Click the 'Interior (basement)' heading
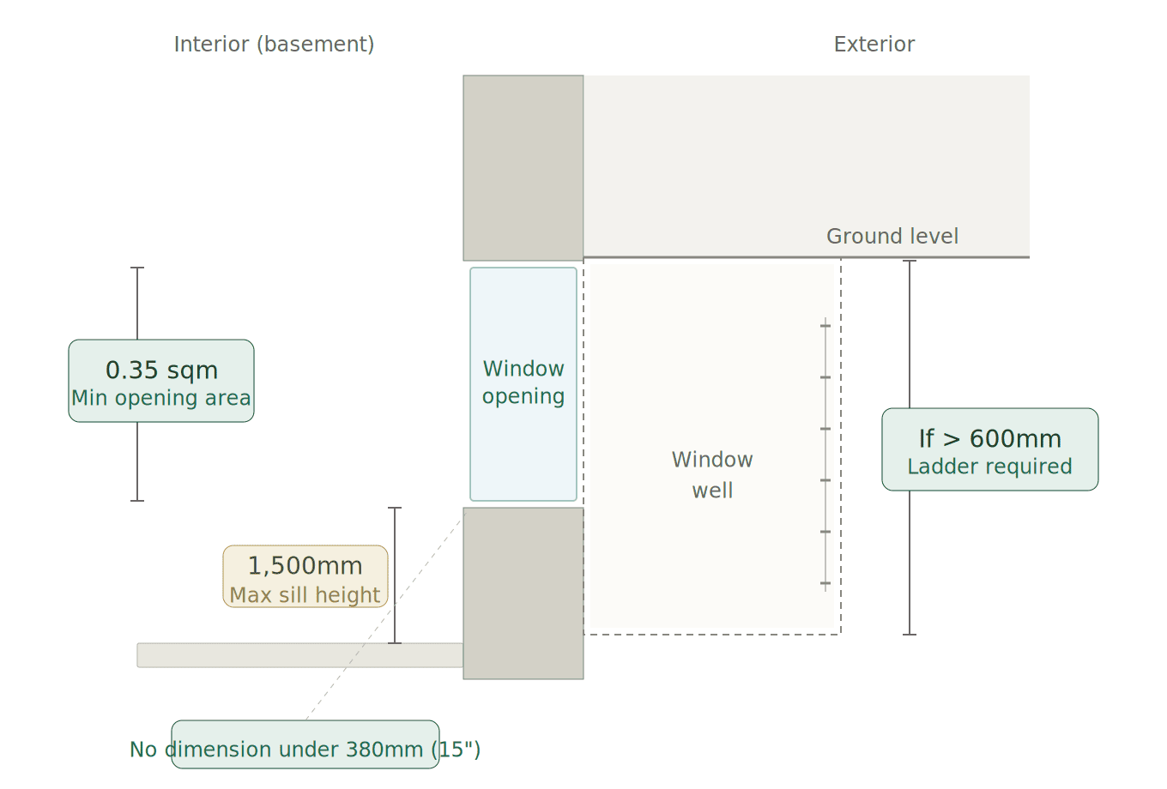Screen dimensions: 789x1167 274,45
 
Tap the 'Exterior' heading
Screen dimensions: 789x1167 874,45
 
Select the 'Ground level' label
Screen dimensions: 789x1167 892,237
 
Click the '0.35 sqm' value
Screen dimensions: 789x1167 161,370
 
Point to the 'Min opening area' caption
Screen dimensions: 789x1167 161,398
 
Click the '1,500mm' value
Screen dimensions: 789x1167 305,566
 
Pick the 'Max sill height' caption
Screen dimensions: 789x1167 305,595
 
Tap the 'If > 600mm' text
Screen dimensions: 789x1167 989,439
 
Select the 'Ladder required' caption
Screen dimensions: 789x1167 989,467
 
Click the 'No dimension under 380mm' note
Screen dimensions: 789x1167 305,750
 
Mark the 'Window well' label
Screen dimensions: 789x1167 712,475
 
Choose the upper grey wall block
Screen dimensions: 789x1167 523,167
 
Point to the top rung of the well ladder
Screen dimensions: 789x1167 825,326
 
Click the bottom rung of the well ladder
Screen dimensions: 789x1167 825,583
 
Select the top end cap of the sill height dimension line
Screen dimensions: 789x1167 395,508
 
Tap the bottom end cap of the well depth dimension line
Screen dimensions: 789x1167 910,635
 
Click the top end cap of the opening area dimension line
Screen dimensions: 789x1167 137,268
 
